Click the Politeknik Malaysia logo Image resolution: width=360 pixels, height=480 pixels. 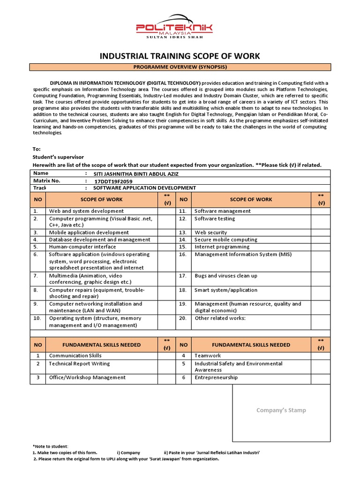coord(174,29)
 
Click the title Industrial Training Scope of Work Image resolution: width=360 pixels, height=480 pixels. coord(180,56)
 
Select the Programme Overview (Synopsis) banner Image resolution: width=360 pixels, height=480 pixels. coord(180,67)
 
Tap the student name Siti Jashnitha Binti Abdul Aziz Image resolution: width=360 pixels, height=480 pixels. coord(136,173)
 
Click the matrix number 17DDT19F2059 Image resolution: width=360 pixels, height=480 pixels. coord(113,181)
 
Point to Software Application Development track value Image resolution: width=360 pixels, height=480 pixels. coord(145,188)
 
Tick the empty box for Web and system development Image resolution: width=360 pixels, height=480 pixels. coord(166,211)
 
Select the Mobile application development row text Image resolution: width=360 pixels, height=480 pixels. coord(89,232)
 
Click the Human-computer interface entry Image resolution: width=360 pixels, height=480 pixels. coord(82,247)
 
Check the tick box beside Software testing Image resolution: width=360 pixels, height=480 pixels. coord(321,219)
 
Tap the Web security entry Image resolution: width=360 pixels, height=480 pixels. coord(210,232)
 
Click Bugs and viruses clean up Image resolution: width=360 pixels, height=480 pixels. coord(226,276)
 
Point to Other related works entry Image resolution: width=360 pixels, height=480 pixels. coord(220,318)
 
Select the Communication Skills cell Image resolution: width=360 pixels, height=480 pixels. coord(75,356)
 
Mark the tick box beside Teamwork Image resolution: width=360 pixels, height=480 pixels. coord(321,356)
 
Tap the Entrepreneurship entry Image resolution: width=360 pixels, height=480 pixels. coord(216,377)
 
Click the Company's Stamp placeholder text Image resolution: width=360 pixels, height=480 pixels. coord(281,410)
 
